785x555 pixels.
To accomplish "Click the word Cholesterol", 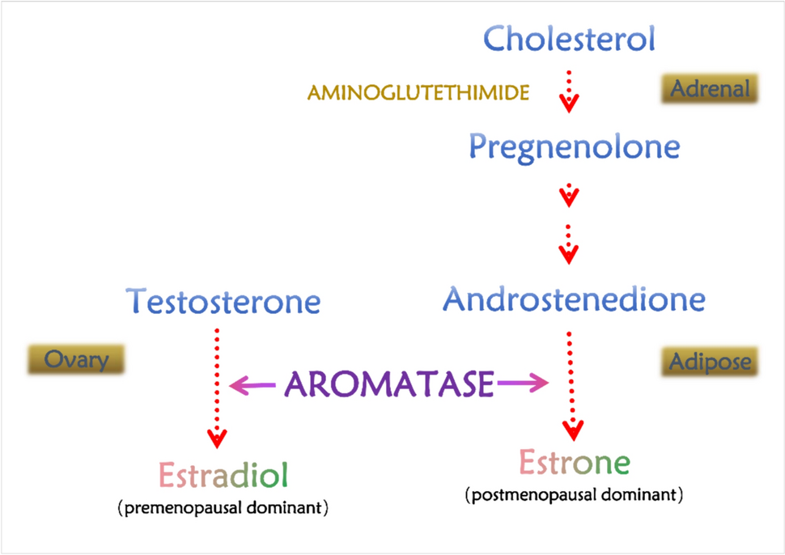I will pos(569,39).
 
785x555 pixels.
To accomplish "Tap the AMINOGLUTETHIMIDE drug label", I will pos(418,93).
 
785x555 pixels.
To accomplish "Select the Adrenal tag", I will pos(710,88).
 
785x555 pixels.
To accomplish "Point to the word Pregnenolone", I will pos(574,147).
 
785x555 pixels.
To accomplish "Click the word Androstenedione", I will pos(574,300).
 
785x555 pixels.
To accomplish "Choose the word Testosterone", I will pos(224,302).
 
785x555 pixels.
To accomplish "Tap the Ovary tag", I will pos(78,358).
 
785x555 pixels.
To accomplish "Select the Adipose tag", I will pos(710,361).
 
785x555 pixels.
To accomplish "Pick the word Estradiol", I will pos(223,476).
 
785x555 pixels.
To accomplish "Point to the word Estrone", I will pos(575,463).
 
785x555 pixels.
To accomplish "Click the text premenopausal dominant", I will pos(223,509).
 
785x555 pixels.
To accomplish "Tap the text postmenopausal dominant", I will pos(575,494).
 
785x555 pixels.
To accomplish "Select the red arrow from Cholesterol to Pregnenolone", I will pos(570,91).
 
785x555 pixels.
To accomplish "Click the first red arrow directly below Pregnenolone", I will pos(570,194).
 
